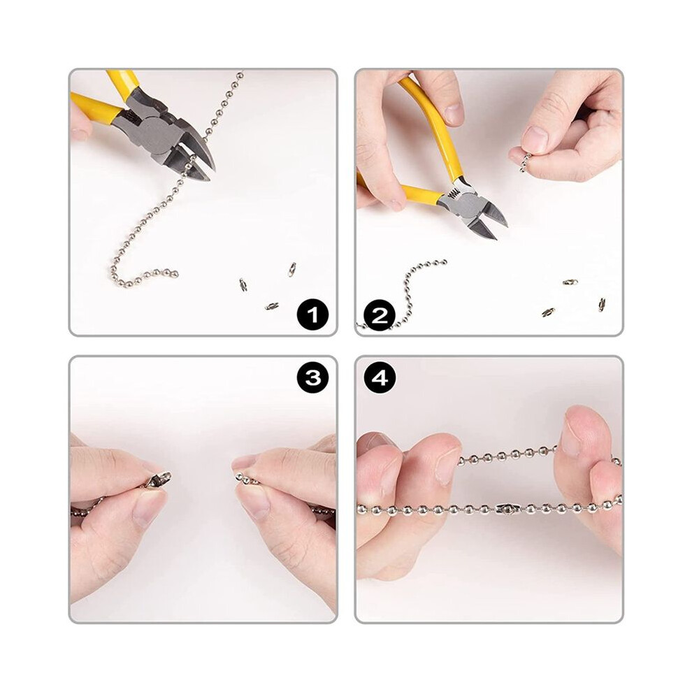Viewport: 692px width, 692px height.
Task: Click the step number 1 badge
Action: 313,315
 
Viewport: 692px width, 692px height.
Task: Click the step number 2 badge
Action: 380,315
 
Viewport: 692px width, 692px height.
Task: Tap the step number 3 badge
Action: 313,377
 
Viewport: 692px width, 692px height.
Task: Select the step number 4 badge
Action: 380,377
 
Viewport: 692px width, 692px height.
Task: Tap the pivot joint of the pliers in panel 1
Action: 154,130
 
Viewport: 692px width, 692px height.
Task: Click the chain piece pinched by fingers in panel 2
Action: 525,162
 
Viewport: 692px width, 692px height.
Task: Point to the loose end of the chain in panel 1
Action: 175,273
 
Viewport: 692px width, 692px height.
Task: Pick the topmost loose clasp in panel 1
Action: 291,269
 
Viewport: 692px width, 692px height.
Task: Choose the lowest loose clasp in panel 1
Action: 272,306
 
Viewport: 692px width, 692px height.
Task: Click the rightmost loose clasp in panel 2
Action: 602,305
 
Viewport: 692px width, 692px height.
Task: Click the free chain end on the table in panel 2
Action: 444,263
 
